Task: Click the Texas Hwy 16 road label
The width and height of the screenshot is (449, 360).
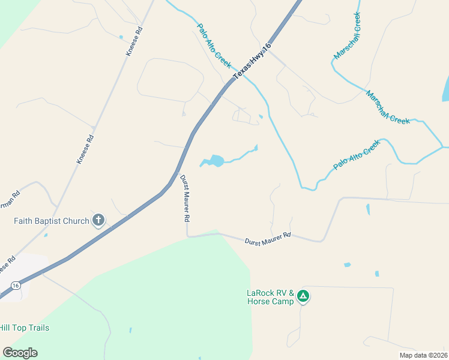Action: tap(252, 60)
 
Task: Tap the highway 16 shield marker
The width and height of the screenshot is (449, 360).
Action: tap(16, 286)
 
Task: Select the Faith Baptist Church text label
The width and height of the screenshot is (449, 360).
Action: tap(52, 221)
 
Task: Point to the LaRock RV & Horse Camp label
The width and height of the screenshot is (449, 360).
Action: tap(270, 297)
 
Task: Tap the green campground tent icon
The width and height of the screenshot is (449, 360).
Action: tap(304, 296)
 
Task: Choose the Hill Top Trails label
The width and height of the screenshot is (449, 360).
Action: tap(24, 328)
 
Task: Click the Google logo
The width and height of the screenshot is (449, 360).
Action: tap(20, 353)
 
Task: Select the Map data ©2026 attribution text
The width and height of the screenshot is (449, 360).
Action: tap(423, 355)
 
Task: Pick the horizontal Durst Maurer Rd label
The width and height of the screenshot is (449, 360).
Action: tap(268, 238)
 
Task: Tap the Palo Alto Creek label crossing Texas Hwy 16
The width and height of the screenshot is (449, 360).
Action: tap(214, 46)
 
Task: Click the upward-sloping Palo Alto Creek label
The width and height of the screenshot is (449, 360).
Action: tap(357, 155)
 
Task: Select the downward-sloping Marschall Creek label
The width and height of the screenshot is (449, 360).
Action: tap(388, 108)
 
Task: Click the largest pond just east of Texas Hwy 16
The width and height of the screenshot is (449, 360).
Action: tap(216, 161)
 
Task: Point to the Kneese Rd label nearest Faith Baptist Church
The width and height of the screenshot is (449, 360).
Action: tap(85, 149)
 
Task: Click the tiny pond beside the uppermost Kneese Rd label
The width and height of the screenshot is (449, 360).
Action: tap(121, 37)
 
